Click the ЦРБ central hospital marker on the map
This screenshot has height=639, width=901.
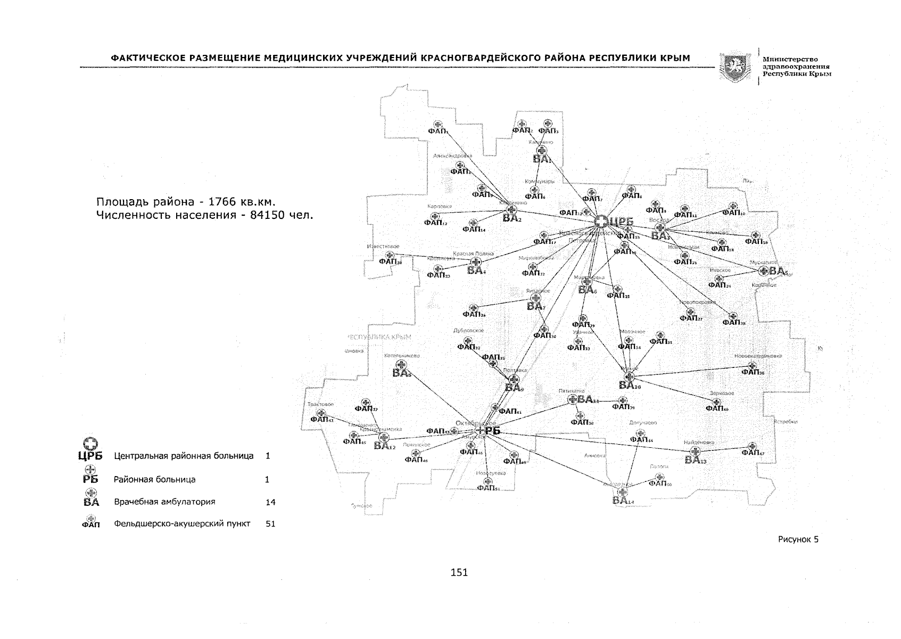(601, 222)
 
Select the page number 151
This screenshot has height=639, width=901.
(459, 573)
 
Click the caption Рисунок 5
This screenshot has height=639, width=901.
(798, 539)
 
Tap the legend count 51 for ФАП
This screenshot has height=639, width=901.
(270, 524)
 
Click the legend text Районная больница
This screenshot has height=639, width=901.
(154, 480)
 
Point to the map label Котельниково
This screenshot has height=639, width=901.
(402, 355)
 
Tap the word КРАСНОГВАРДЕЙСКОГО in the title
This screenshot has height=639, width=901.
(484, 58)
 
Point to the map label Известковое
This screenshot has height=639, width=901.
(383, 247)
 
